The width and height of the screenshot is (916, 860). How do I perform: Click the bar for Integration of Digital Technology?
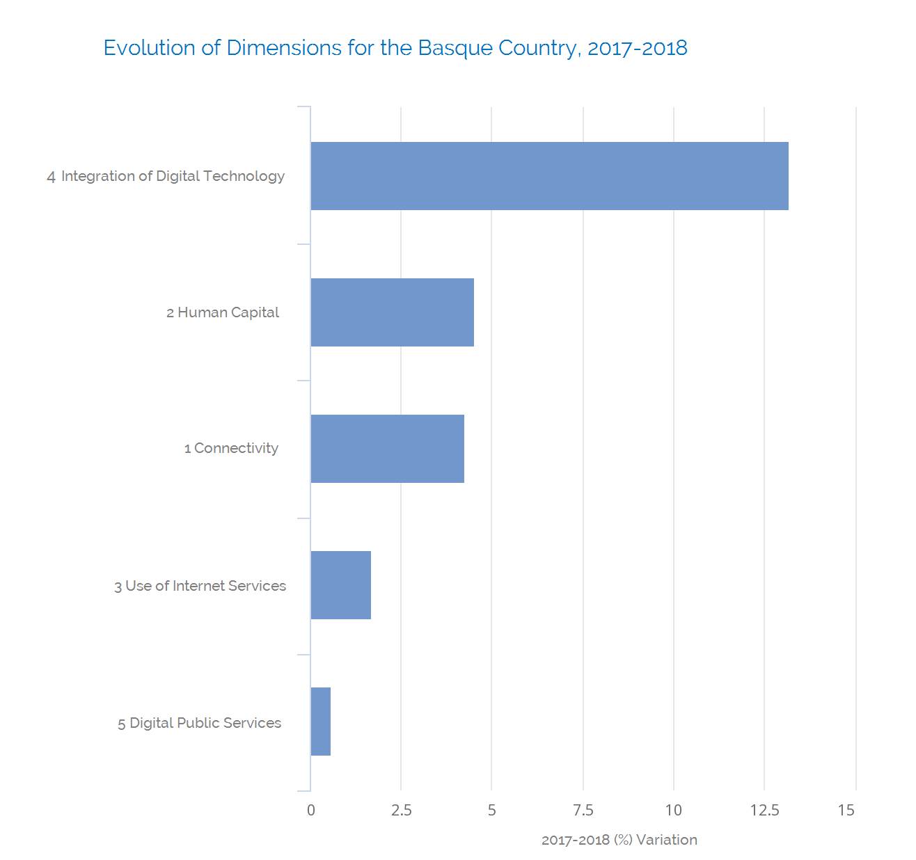click(x=549, y=176)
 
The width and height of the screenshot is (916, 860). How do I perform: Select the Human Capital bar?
click(x=392, y=312)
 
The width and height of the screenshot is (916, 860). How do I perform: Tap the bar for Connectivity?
click(x=387, y=449)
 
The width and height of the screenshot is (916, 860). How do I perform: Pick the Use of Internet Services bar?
click(x=340, y=585)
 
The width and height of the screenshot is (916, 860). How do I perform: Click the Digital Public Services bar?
click(x=320, y=722)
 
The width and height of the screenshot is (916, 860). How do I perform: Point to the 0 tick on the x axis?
click(x=310, y=810)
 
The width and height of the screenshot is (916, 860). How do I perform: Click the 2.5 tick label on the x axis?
click(x=401, y=810)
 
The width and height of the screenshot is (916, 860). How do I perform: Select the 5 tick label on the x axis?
click(x=491, y=810)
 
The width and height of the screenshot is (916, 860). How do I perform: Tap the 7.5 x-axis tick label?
click(x=583, y=810)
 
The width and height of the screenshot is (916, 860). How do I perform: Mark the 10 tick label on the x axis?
click(x=673, y=810)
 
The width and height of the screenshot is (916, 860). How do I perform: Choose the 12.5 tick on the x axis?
click(x=764, y=810)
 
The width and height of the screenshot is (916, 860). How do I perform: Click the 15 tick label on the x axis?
click(x=846, y=810)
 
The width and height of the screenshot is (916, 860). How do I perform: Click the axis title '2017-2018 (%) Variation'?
click(x=619, y=840)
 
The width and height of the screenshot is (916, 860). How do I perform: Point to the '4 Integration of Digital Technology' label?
click(x=166, y=176)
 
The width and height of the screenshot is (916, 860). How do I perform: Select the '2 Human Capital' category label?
click(x=223, y=312)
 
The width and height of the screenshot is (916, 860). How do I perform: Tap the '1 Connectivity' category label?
click(x=231, y=449)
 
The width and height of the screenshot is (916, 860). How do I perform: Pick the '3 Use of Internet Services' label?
click(x=200, y=586)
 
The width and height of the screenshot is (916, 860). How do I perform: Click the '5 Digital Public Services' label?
click(x=199, y=723)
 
